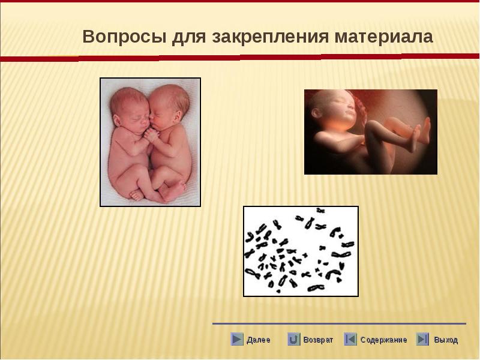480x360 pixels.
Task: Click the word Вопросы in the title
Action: tap(124, 37)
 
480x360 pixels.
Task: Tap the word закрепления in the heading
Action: tap(271, 37)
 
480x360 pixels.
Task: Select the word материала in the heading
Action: tap(384, 37)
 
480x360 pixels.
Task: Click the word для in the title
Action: tap(189, 38)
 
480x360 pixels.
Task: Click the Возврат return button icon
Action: tap(293, 339)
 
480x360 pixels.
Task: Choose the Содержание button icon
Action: tap(350, 339)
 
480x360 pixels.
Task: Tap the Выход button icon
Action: tap(423, 339)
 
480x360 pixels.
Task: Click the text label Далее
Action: tap(259, 340)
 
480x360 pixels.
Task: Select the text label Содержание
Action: tap(383, 340)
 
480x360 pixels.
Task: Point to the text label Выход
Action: tap(446, 340)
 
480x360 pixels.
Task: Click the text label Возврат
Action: tap(318, 340)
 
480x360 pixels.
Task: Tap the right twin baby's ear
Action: tap(178, 118)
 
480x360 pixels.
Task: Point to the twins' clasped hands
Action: tap(151, 136)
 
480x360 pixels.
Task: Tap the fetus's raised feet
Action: tap(421, 132)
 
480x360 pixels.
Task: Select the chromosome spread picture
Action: tap(301, 251)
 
